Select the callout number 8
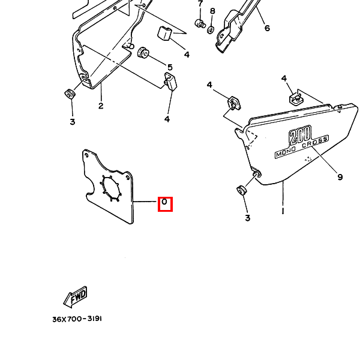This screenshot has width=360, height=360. tap(212, 11)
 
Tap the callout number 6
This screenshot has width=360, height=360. tap(267, 28)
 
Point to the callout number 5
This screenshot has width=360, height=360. tap(170, 67)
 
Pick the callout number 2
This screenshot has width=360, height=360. tap(101, 106)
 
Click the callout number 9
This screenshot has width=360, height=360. tap(340, 177)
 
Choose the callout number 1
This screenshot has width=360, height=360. tap(282, 211)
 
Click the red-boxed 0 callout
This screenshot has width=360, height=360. tap(165, 204)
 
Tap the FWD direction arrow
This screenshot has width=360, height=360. tap(75, 296)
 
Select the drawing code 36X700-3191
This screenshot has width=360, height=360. tap(77, 319)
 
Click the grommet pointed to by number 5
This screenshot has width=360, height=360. tap(144, 53)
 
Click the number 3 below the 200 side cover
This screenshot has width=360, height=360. tap(247, 218)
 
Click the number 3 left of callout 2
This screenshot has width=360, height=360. tap(72, 122)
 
